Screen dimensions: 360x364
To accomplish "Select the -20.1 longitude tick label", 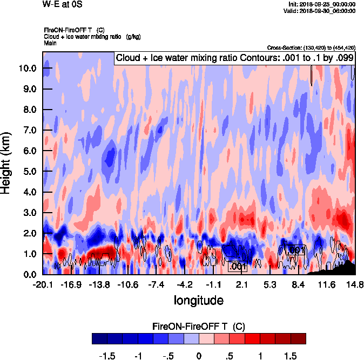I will pos(42,284).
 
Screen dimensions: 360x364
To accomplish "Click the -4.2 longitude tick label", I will pos(185,284).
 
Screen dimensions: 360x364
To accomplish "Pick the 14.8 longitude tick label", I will pos(354,284).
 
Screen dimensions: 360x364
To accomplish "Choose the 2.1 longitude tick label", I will pos(241,284).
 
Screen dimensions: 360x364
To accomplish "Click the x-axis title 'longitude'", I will pos(198,300).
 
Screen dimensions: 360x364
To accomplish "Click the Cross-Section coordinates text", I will pos(311,47).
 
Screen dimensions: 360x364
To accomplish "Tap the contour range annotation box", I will pos(234,58).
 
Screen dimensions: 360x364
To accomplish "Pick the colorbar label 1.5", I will pos(291,356).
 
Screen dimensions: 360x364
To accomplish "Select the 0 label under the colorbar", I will pos(199,356).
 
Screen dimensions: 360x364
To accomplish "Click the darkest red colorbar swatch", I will pos(298,338).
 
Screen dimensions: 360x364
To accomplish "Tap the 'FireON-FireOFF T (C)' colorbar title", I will pos(199,327).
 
